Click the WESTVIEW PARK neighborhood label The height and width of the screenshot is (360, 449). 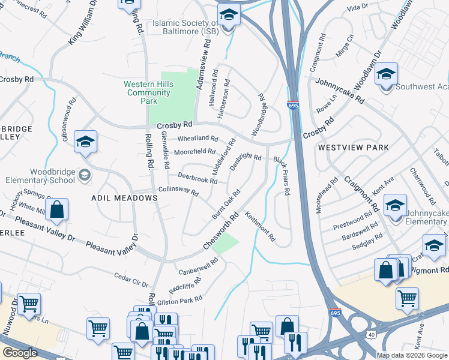(x=353, y=147)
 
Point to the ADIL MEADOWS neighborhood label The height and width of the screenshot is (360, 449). (x=115, y=197)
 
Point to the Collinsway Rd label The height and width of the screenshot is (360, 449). (x=178, y=191)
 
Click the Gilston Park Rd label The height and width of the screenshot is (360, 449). (x=182, y=300)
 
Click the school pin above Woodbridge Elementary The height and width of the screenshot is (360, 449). (x=85, y=142)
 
